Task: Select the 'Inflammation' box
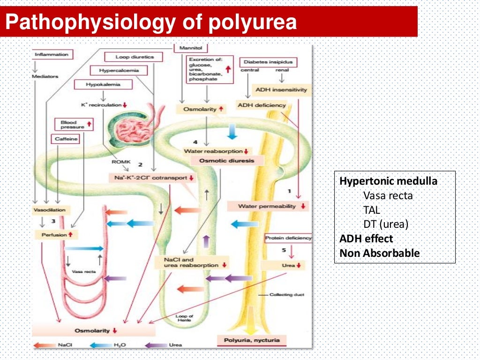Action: click(52, 55)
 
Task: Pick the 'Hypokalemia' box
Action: click(103, 85)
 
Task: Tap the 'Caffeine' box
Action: click(67, 139)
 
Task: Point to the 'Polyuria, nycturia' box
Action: click(251, 340)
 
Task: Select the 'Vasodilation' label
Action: click(50, 210)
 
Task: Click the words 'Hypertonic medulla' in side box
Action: click(388, 181)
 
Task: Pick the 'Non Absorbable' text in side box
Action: click(380, 254)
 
